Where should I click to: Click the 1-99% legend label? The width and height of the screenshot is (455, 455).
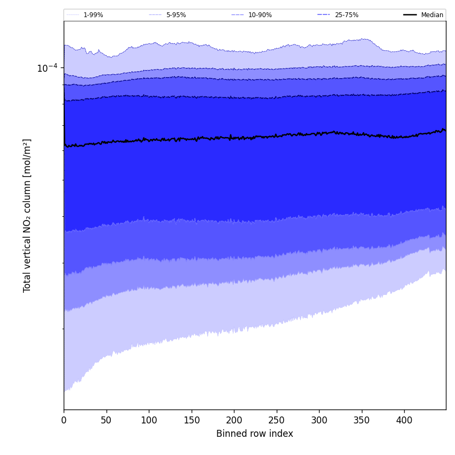pos(93,15)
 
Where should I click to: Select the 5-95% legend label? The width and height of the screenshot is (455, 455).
pos(176,15)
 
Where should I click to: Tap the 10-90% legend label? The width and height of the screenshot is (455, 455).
pos(260,15)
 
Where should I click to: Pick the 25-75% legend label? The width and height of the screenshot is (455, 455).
pos(346,15)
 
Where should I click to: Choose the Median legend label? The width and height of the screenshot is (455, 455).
pos(432,15)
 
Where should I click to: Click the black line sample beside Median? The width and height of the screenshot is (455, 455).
pos(410,15)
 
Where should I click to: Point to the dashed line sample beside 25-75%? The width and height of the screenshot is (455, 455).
pos(324,15)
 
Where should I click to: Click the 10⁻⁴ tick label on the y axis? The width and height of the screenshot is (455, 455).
pos(47,68)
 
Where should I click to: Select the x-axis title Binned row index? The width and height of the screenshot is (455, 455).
pos(255,434)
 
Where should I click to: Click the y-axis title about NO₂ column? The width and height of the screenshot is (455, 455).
pos(27,215)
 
